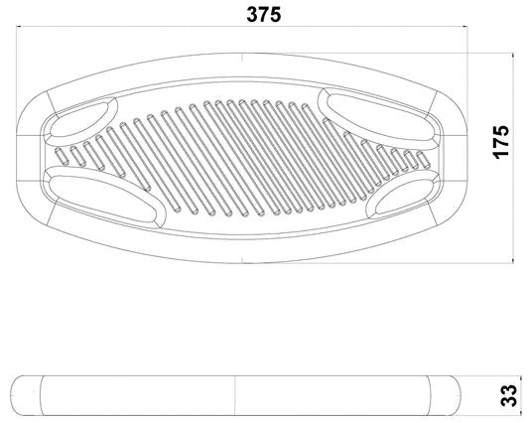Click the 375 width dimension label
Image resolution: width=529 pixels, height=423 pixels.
[263, 15]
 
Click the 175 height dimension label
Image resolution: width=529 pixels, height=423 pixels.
[500, 142]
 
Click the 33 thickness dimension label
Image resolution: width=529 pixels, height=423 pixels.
[508, 395]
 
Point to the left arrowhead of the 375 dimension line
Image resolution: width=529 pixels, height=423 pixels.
[20, 26]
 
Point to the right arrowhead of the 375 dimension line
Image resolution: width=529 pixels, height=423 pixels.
[464, 26]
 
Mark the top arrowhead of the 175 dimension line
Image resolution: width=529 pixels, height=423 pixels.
[513, 56]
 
